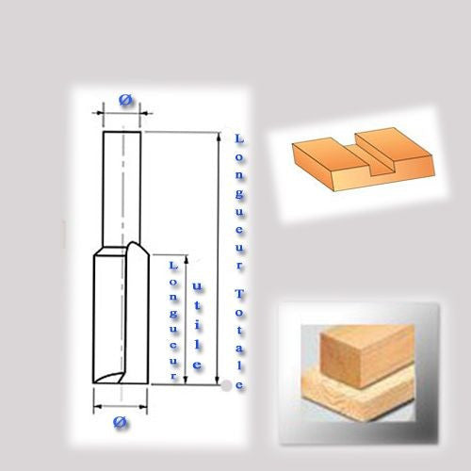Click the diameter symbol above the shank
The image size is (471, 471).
pyautogui.click(x=126, y=100)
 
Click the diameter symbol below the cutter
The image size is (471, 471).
pyautogui.click(x=121, y=423)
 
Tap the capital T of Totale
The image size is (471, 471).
pyautogui.click(x=239, y=294)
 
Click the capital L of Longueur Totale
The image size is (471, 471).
pyautogui.click(x=239, y=138)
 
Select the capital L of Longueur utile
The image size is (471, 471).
pyautogui.click(x=173, y=266)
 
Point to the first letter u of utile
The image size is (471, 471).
pyautogui.click(x=198, y=286)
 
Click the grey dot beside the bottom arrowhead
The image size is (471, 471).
pyautogui.click(x=226, y=385)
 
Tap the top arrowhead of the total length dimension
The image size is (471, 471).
pyautogui.click(x=219, y=136)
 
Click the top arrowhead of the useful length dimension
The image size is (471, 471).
pyautogui.click(x=187, y=259)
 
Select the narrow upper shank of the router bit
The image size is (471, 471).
pyautogui.click(x=122, y=189)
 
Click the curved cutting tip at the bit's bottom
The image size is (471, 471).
pyautogui.click(x=109, y=377)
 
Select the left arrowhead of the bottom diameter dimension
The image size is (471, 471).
pyautogui.click(x=98, y=407)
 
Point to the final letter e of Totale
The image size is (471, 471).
pyautogui.click(x=239, y=385)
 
